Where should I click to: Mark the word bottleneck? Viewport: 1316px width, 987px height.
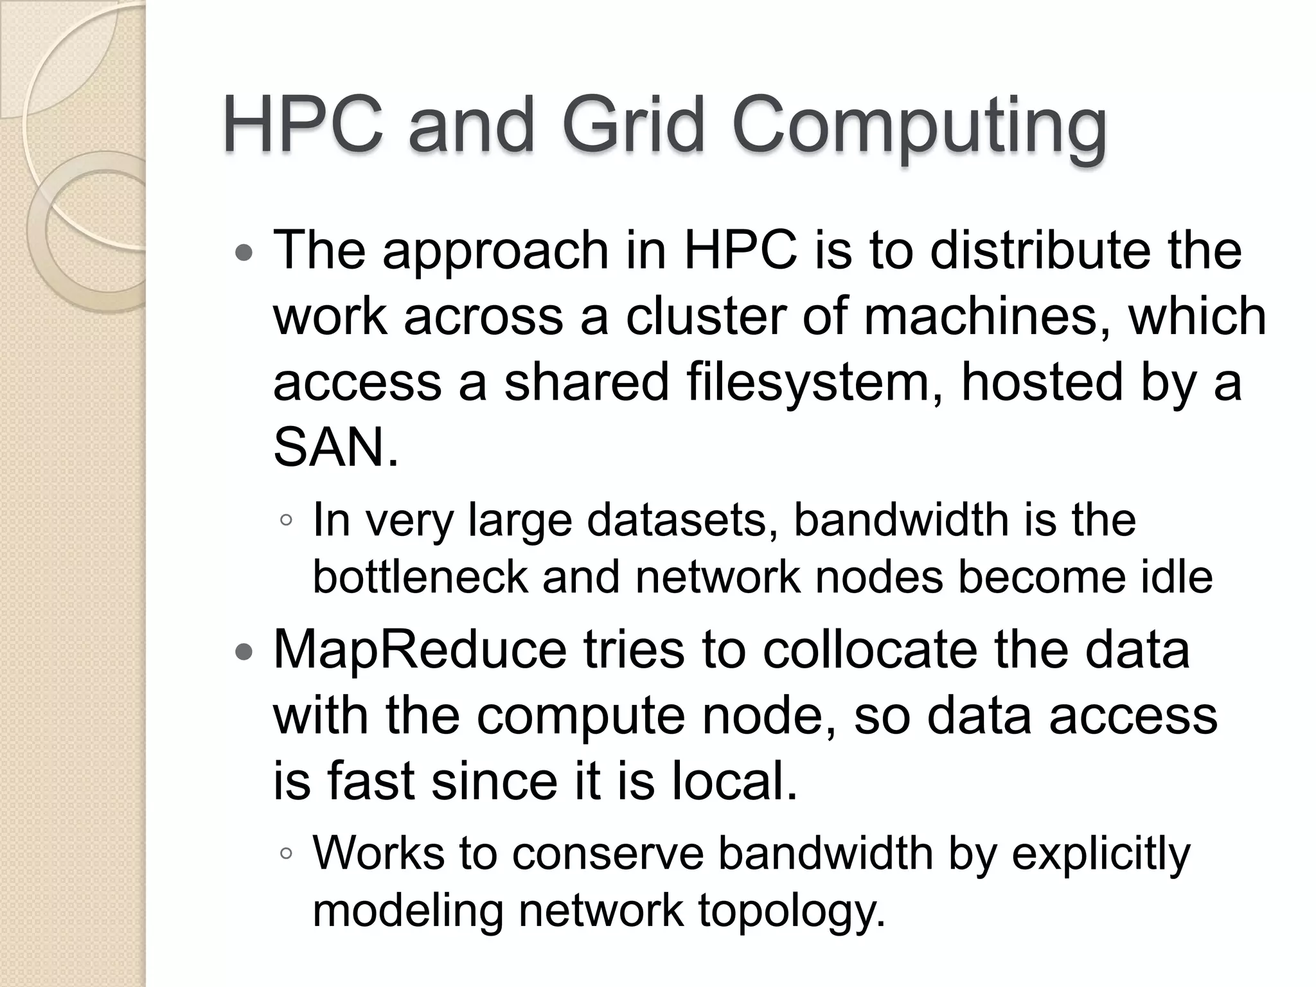pyautogui.click(x=420, y=576)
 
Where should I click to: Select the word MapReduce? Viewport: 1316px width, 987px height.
pyautogui.click(x=420, y=650)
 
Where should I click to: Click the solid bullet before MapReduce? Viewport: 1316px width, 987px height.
pyautogui.click(x=244, y=654)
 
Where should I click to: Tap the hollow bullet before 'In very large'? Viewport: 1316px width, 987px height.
pyautogui.click(x=287, y=520)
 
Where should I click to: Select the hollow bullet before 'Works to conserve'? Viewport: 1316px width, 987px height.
pyautogui.click(x=287, y=855)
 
